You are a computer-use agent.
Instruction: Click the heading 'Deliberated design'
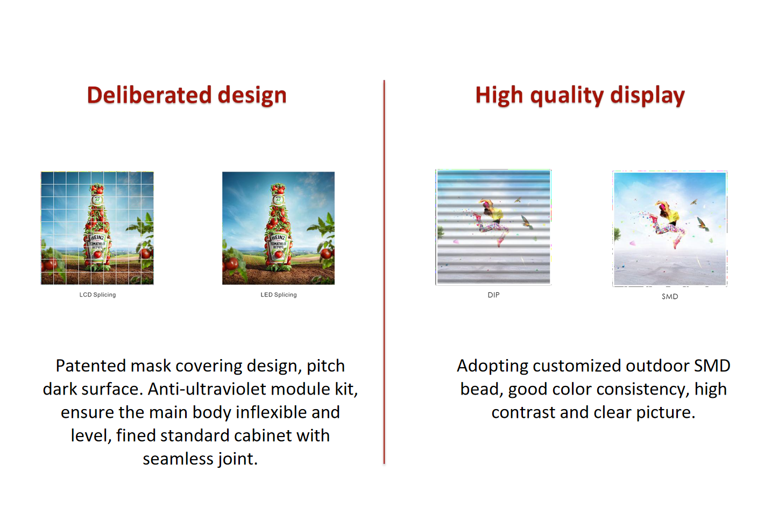[x=187, y=95]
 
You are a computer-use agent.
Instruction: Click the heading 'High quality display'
[x=580, y=95]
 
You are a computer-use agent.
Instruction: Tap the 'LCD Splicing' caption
[x=97, y=295]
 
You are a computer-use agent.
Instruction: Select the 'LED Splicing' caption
[x=279, y=295]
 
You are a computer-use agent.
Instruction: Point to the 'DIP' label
[x=493, y=295]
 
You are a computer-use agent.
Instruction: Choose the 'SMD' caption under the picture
[x=670, y=297]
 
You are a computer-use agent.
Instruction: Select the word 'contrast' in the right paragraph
[x=523, y=412]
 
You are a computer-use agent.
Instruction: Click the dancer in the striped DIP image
[x=491, y=221]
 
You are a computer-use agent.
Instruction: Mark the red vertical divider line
[x=384, y=272]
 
